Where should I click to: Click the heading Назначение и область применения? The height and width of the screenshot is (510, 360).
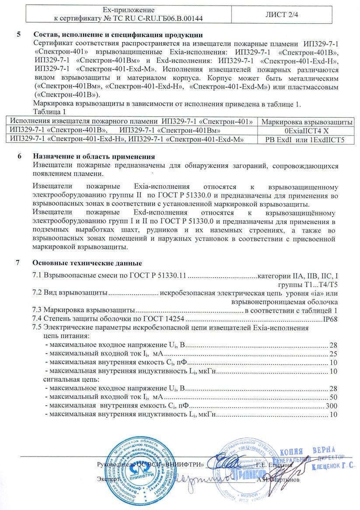[x=94, y=157]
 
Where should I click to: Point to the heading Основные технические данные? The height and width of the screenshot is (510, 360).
[x=87, y=263]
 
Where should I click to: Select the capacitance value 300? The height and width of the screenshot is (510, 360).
[x=332, y=406]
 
